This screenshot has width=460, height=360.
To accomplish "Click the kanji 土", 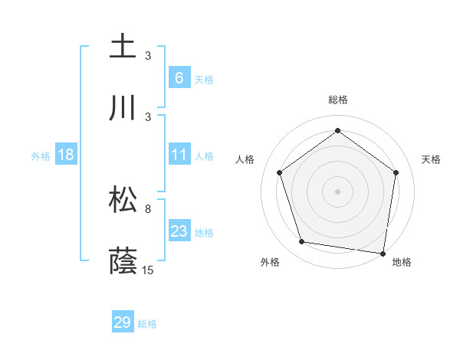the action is tap(123, 46).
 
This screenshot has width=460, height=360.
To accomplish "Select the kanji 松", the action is tap(123, 201).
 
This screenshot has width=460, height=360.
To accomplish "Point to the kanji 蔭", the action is tap(123, 260).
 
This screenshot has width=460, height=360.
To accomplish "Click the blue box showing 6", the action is tap(179, 78).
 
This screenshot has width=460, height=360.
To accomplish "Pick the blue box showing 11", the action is tap(179, 155).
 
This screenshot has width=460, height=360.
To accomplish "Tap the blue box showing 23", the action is tap(179, 231).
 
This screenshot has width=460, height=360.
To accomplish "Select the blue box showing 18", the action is tap(66, 155).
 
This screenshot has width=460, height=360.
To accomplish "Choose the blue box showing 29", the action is tap(123, 322).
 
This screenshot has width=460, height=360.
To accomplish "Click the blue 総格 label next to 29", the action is tap(147, 324).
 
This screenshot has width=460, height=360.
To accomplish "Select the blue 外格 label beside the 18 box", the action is tap(41, 156).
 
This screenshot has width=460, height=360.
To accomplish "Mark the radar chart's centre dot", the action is tap(337, 191).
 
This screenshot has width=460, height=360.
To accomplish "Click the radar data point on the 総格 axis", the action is tap(337, 130).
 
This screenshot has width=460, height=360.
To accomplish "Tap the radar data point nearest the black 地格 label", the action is tap(383, 253).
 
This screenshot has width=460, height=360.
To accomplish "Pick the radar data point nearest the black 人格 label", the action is tap(279, 172).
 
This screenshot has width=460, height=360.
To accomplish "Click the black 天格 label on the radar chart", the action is tap(432, 159).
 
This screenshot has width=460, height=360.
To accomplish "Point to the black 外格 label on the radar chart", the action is tap(269, 262).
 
